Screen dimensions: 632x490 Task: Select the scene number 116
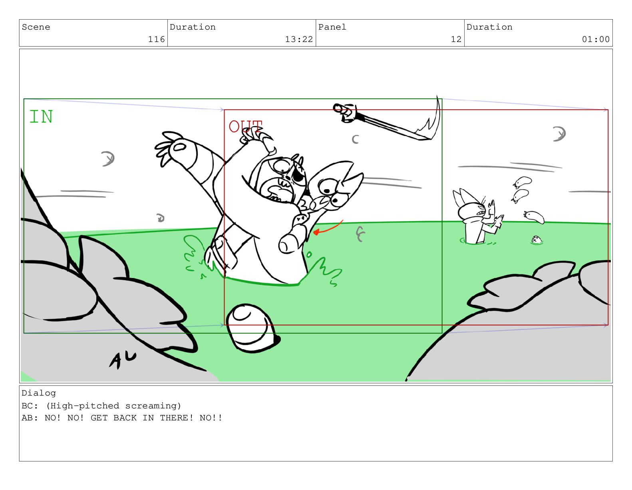tap(156, 39)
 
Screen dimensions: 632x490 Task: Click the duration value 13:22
tap(299, 39)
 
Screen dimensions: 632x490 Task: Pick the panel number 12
tap(456, 39)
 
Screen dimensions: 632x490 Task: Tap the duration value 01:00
tap(595, 39)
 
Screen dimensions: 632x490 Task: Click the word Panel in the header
tap(332, 27)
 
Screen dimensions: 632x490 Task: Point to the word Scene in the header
tap(36, 27)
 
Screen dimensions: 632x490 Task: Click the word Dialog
tap(39, 393)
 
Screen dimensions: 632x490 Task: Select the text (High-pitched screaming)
tap(113, 406)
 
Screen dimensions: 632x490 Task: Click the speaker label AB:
tap(30, 418)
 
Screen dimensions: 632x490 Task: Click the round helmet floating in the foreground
tap(252, 328)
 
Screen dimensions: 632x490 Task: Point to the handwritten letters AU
tap(122, 360)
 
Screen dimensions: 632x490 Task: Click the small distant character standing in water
tap(477, 217)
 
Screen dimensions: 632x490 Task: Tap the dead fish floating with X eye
tap(537, 240)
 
